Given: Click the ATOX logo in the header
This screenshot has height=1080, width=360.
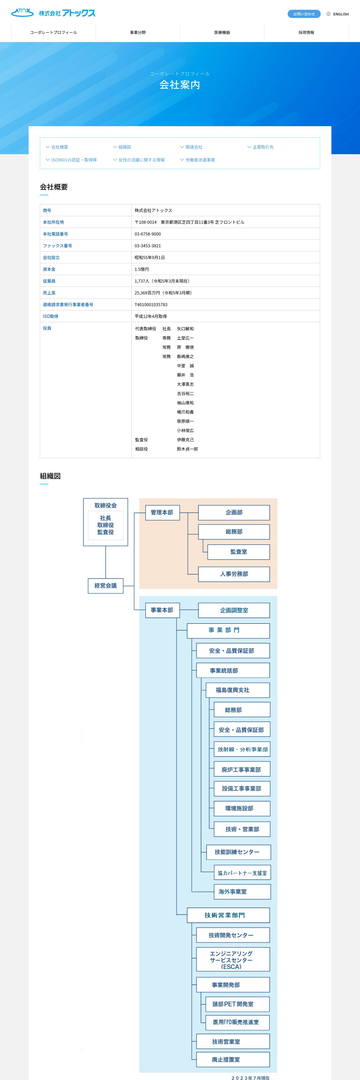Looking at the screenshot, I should (53, 13).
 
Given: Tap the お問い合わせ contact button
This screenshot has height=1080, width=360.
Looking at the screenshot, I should (304, 14).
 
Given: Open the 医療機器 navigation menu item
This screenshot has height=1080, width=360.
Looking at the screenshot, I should (222, 32).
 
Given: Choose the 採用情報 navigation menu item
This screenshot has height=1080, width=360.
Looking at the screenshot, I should (306, 32).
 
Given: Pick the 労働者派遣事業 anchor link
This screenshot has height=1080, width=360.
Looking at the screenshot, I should (200, 160).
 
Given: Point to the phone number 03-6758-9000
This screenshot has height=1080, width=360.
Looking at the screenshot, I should (147, 234).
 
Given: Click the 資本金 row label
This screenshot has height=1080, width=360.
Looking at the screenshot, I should (49, 269).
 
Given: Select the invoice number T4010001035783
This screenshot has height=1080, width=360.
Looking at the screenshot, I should (151, 305).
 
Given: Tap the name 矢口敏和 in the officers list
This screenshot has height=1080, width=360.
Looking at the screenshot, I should (185, 329).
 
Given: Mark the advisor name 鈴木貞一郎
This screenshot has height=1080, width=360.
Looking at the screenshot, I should (187, 449).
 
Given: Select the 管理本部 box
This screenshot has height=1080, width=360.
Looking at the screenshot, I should (162, 512).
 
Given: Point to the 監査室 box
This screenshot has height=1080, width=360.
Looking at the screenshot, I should (239, 552).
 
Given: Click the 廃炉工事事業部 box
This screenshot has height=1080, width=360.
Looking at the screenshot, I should (241, 769).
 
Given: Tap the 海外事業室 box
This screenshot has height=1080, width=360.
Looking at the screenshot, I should (233, 892).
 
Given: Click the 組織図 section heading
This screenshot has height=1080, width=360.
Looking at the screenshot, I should (50, 476).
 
